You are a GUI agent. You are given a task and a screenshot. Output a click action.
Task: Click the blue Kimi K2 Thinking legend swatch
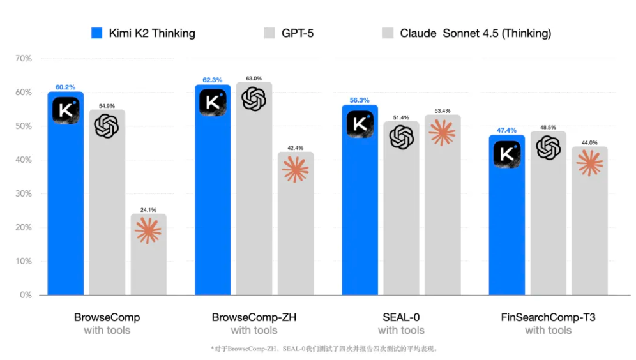point(97,33)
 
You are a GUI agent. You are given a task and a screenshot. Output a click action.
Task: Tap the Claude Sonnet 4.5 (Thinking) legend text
point(475,33)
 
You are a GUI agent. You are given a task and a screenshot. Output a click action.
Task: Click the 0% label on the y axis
point(26,296)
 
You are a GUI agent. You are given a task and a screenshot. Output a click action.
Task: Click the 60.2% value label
point(65,87)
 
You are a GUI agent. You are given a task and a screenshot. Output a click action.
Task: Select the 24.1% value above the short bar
point(148,209)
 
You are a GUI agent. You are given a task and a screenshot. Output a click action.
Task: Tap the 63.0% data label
point(254,78)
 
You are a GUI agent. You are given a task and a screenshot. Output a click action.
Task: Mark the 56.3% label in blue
point(360,100)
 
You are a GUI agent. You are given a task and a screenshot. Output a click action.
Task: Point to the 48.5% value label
point(548,127)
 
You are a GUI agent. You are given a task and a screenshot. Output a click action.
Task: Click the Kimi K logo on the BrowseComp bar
point(65,110)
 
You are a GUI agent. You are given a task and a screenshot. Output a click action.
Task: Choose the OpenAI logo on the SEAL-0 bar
point(402,137)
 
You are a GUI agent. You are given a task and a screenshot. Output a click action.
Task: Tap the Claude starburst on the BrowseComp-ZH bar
point(295,170)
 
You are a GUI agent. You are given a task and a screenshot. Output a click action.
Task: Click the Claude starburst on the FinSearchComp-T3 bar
point(589,163)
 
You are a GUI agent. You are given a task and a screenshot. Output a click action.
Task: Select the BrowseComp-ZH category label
point(254,317)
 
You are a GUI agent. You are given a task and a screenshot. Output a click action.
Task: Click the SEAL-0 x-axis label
point(401,317)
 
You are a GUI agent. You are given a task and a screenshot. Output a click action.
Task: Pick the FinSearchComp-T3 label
point(548,317)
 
